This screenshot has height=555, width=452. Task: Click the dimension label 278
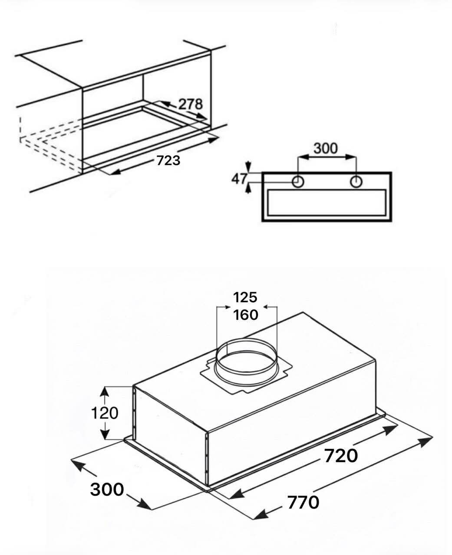[190, 104]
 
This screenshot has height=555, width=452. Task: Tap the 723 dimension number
[168, 160]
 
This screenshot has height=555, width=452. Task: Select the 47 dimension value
[239, 179]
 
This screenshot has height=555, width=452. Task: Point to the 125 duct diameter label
[245, 297]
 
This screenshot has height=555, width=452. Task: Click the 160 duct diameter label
[246, 315]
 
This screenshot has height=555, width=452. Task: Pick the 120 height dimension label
[105, 413]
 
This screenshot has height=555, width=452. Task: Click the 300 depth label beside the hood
[107, 490]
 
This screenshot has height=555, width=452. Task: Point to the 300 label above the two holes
[326, 148]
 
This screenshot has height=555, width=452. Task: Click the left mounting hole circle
[298, 181]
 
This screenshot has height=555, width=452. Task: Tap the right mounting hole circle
[356, 181]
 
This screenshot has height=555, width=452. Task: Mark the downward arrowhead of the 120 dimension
[105, 434]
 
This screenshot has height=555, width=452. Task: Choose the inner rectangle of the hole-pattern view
[327, 203]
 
